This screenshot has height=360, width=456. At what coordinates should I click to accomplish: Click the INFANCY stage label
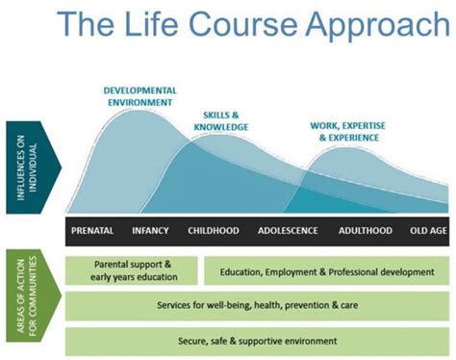(151, 231)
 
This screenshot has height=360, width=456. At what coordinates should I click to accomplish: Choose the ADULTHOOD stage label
(365, 231)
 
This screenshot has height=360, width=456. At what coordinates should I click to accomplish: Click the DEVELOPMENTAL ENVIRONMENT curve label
(139, 95)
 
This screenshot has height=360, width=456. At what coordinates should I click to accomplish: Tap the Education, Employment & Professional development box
(327, 271)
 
